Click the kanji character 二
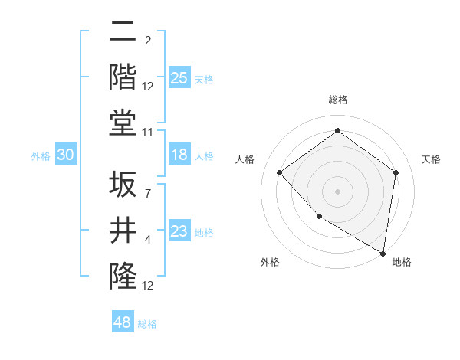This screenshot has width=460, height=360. point(123,32)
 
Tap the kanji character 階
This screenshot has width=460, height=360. point(123,77)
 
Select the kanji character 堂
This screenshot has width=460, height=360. point(123,123)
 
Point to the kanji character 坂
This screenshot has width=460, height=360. point(123,185)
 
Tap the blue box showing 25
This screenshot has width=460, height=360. point(179,77)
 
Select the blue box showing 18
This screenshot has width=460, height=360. point(179,155)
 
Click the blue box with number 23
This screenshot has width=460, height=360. point(179,232)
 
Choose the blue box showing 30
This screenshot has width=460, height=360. point(66,155)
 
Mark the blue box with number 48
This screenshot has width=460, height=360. point(123,322)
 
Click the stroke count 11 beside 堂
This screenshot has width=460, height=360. point(149,133)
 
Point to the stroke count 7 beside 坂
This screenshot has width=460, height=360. point(147,193)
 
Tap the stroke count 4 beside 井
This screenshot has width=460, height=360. point(147,240)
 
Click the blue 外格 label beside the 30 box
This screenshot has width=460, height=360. point(41,155)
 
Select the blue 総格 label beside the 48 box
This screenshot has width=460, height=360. point(147,323)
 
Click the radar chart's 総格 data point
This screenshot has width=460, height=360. point(337,131)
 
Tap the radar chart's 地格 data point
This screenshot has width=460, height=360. point(383,252)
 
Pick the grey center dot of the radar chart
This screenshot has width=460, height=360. point(337,191)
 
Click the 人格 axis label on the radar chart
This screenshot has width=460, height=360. point(245,159)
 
